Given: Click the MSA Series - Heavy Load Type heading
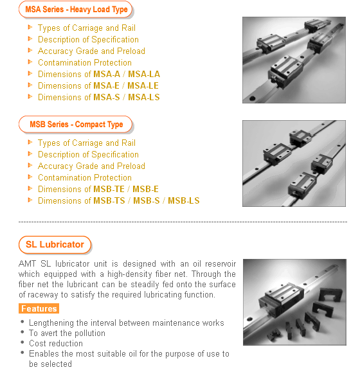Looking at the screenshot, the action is [x=76, y=10].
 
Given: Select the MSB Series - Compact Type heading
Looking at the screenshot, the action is [x=76, y=124].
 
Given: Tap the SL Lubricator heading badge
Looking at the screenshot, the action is [x=55, y=245].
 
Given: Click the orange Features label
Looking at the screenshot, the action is [x=39, y=308].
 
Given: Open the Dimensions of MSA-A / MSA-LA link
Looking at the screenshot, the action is [x=99, y=74].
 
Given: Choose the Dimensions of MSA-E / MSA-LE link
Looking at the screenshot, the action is [x=98, y=85].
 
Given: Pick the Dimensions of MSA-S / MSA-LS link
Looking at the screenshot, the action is [x=99, y=97].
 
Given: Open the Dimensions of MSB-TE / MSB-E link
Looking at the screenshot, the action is [x=98, y=189].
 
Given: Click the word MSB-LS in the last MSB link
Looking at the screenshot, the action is [x=184, y=200].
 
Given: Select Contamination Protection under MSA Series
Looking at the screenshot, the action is [x=85, y=62].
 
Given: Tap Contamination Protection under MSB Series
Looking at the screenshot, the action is [x=85, y=178].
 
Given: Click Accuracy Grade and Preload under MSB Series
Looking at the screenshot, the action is [x=91, y=166].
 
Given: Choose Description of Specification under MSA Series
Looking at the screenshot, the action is [x=88, y=39].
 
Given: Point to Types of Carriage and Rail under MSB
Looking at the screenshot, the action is [x=87, y=143].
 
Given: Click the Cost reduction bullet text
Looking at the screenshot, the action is [x=56, y=343].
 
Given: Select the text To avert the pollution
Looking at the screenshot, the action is [x=67, y=333].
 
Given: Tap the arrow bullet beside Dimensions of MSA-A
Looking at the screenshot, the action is [x=30, y=73].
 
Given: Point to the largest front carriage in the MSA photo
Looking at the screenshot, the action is [x=285, y=71].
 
